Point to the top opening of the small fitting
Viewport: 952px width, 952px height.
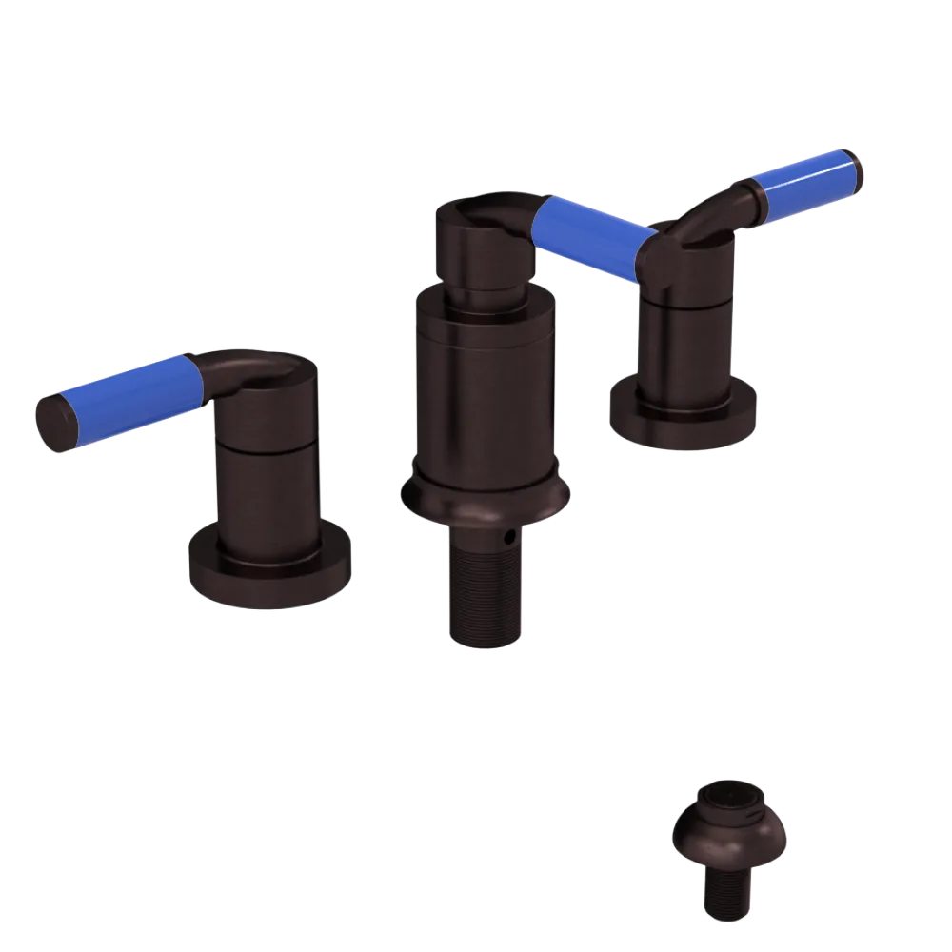pyautogui.click(x=729, y=795)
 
